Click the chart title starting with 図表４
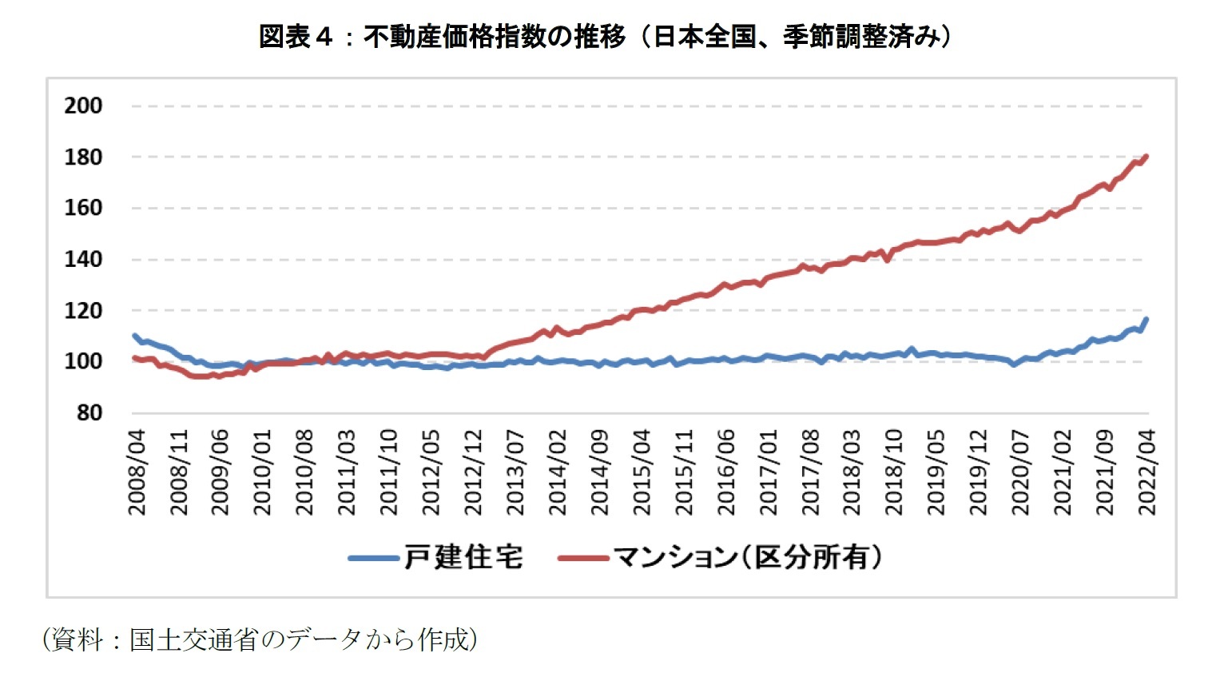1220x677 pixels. (x=605, y=37)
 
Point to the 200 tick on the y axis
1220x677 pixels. (x=83, y=106)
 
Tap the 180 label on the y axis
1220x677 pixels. (x=83, y=157)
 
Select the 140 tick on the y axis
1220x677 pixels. (x=83, y=259)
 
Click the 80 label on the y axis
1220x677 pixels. (x=89, y=412)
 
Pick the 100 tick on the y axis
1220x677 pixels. (x=83, y=361)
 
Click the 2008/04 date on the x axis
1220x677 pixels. (x=137, y=472)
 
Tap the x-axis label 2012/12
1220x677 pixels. (x=474, y=472)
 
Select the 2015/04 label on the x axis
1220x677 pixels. (x=642, y=472)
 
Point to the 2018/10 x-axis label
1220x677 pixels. (x=894, y=472)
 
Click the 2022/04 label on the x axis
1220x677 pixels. (x=1147, y=472)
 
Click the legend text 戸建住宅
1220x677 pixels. (x=463, y=557)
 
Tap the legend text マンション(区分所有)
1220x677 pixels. (x=748, y=557)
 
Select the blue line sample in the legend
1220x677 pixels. (x=374, y=558)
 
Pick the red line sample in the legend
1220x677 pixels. (x=583, y=558)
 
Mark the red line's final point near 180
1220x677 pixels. (x=1146, y=157)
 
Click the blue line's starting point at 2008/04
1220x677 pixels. (x=134, y=336)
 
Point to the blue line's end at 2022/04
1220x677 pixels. (x=1146, y=320)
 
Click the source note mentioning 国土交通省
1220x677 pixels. (x=260, y=639)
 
